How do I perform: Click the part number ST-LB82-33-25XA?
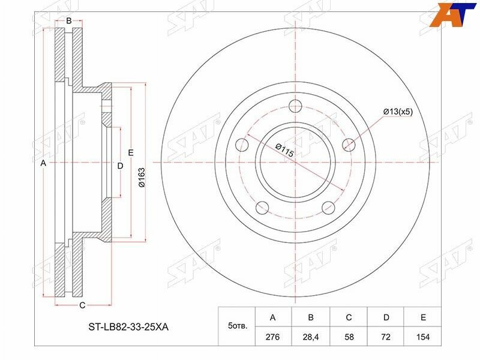[128, 327]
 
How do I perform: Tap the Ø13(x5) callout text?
[398, 112]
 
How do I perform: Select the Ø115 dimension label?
[284, 150]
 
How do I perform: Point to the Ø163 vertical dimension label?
[142, 177]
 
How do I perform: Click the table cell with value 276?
[273, 337]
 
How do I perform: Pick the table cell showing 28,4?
[311, 337]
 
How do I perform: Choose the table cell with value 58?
[349, 337]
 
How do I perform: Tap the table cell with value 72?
[386, 337]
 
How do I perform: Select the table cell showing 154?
[423, 337]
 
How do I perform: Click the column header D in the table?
[386, 317]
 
